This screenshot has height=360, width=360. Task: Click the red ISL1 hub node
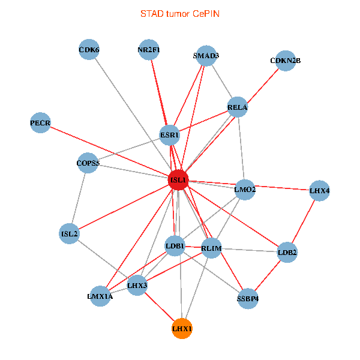point(178,180)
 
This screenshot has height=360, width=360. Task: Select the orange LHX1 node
point(182,329)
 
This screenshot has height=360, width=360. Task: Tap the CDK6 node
point(89,50)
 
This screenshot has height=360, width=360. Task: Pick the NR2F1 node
point(148,50)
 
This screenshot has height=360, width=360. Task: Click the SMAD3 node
point(206,56)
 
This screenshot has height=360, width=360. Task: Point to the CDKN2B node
point(285,61)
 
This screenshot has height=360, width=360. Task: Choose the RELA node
point(238,108)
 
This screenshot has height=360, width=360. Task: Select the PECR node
point(40,124)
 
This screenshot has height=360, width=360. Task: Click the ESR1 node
point(169,136)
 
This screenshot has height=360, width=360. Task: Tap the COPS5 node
point(88,163)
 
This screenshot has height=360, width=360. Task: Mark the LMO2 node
point(245,190)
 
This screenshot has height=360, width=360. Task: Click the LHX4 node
point(319,191)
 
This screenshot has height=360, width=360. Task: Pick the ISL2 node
point(70,233)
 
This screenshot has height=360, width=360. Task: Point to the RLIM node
point(211,248)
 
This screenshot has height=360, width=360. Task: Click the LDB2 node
point(287,253)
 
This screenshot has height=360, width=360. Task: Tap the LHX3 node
point(137,286)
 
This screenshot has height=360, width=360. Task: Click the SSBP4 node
point(248,298)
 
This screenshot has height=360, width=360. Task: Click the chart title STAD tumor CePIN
point(179,13)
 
